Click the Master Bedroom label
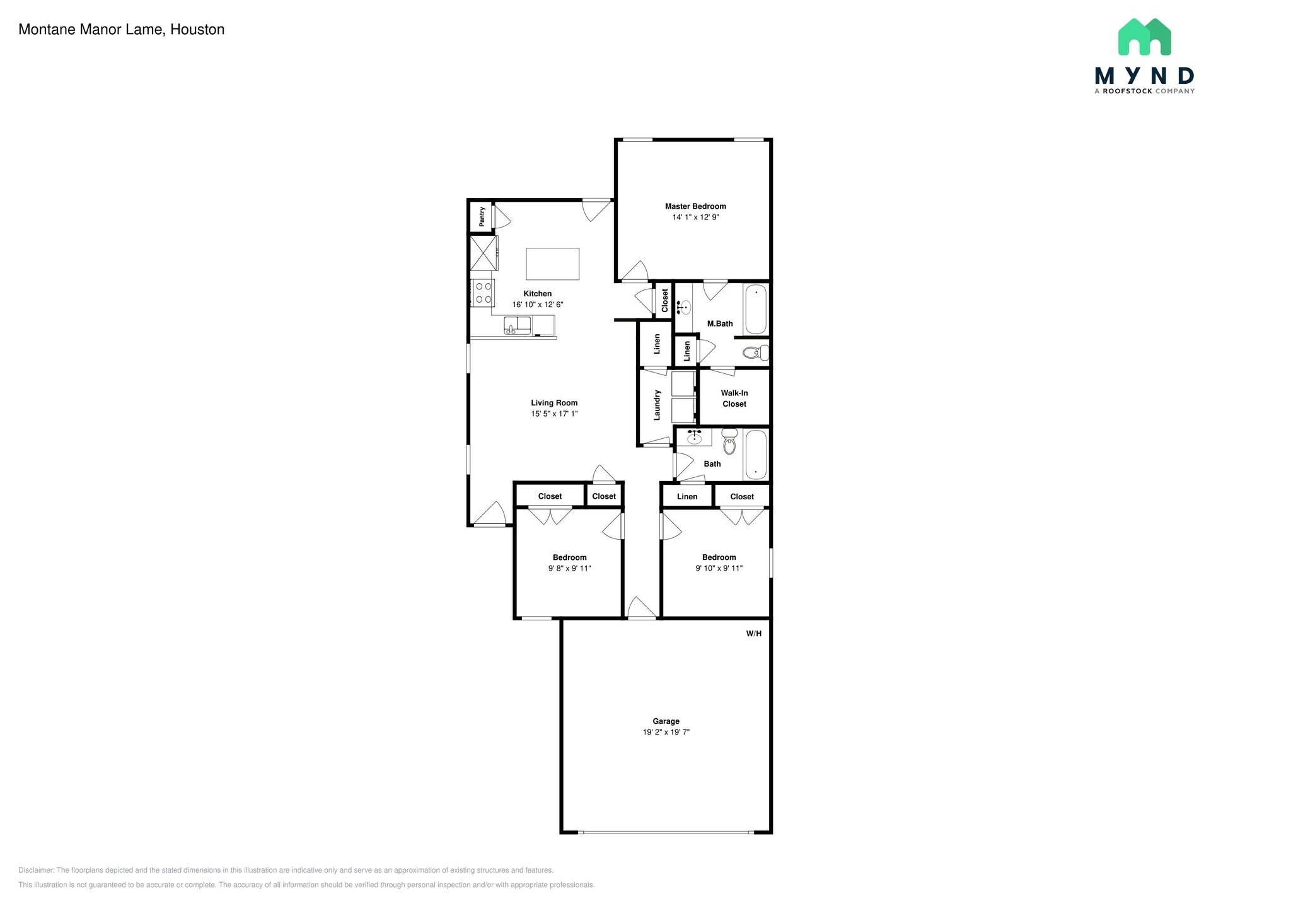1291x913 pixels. [x=695, y=206]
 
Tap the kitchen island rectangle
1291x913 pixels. [x=553, y=264]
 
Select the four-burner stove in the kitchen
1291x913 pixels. [x=483, y=293]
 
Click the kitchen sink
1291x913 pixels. [x=517, y=325]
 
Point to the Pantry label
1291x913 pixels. [x=482, y=216]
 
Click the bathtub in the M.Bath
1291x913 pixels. [x=756, y=310]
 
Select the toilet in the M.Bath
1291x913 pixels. [x=755, y=352]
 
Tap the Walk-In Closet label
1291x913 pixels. [x=734, y=398]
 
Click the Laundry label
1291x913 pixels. [x=657, y=405]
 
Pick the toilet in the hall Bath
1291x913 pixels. [x=729, y=441]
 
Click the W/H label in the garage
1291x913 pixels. [x=754, y=633]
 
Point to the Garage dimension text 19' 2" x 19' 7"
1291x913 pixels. [x=666, y=732]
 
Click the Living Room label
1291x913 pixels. [x=554, y=403]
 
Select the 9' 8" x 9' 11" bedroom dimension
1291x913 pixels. [x=570, y=568]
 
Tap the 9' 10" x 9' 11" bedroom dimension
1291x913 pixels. [x=719, y=568]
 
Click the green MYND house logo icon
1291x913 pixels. [x=1145, y=37]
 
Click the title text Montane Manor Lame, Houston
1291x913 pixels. [x=122, y=30]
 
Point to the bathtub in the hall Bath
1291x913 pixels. [x=756, y=455]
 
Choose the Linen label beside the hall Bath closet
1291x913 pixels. [x=687, y=497]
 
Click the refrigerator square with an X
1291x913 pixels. [x=483, y=253]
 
